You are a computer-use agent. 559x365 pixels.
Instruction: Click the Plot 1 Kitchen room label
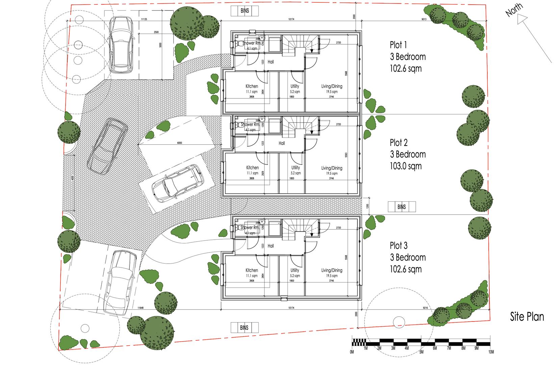click(x=252, y=87)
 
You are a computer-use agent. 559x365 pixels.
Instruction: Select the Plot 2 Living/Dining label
click(x=331, y=168)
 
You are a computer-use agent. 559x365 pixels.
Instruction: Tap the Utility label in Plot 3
click(x=295, y=270)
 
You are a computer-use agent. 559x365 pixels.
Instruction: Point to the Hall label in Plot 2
click(x=282, y=143)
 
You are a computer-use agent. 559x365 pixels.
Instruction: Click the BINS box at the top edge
click(x=245, y=11)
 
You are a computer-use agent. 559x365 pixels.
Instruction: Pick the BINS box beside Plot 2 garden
click(x=401, y=207)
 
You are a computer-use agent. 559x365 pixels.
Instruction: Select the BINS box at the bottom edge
click(x=244, y=327)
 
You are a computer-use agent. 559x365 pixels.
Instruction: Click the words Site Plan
click(x=527, y=317)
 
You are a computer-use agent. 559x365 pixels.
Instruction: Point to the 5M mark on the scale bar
click(x=421, y=352)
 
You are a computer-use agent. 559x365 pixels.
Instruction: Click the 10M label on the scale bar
click(x=491, y=352)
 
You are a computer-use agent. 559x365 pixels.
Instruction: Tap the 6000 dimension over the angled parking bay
click(x=179, y=143)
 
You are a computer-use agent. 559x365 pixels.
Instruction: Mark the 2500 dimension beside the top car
click(x=156, y=32)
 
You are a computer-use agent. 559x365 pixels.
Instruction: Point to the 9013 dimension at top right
click(x=424, y=19)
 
